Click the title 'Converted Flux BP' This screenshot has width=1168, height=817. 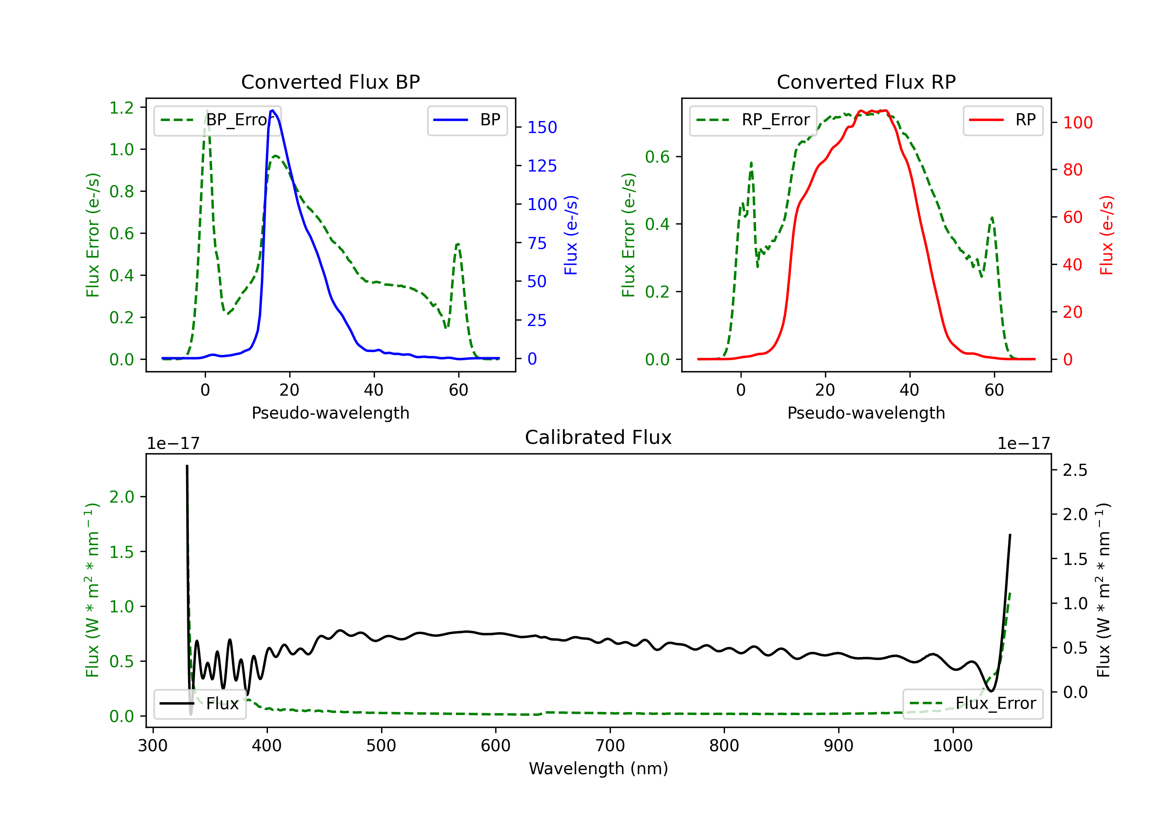pyautogui.click(x=330, y=82)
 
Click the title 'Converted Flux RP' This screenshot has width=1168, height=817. pyautogui.click(x=866, y=82)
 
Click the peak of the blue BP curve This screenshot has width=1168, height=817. pyautogui.click(x=273, y=110)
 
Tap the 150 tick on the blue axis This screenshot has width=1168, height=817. pyautogui.click(x=542, y=127)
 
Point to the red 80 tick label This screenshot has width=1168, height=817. pyautogui.click(x=1072, y=170)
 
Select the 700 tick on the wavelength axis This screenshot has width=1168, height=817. pyautogui.click(x=610, y=745)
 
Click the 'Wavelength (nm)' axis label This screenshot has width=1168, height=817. pyautogui.click(x=598, y=768)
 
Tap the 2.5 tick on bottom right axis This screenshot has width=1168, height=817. pyautogui.click(x=1075, y=470)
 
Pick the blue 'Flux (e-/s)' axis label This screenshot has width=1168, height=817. pyautogui.click(x=571, y=235)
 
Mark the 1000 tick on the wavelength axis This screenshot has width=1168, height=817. pyautogui.click(x=952, y=745)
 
